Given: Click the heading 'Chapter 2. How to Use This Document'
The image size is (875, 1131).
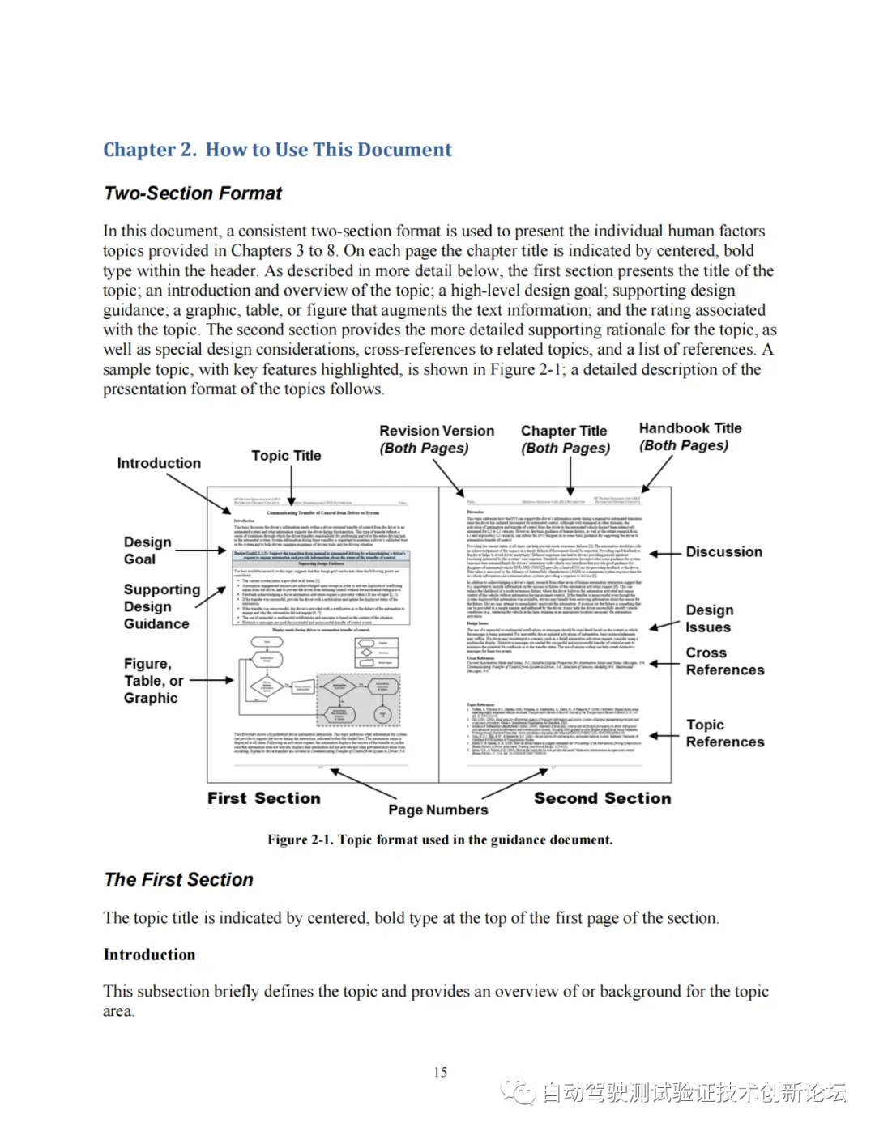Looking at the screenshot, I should [x=277, y=150].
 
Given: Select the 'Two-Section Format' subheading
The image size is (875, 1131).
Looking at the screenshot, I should [x=193, y=193].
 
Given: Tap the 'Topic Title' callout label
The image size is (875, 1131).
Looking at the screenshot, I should [x=286, y=456].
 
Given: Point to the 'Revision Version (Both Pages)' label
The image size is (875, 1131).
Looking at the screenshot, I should [x=436, y=440].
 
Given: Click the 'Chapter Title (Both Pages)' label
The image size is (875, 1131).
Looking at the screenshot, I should [x=565, y=440].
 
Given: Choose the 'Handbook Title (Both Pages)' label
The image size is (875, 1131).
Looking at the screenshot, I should [x=689, y=436].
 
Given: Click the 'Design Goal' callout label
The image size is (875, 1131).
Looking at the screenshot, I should [x=147, y=551].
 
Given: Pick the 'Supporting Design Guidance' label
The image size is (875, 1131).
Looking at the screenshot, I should [x=161, y=606].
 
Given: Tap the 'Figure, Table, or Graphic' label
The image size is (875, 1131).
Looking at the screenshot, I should [x=153, y=681].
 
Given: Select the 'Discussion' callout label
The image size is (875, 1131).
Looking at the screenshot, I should [x=723, y=552].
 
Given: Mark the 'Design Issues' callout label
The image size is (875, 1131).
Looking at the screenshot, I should [x=709, y=619].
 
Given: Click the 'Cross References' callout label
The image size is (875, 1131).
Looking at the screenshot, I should [x=724, y=661].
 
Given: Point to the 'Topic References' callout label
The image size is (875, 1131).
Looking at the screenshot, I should [x=724, y=733].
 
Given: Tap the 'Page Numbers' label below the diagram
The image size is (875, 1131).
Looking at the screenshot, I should [x=437, y=810].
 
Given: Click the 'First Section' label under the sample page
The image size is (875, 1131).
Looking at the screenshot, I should [x=263, y=798].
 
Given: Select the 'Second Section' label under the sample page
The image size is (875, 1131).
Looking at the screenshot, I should [x=602, y=798].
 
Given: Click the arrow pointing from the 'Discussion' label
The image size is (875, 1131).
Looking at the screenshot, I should [x=664, y=554].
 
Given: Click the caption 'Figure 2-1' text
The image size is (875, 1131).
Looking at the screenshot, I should [x=440, y=840].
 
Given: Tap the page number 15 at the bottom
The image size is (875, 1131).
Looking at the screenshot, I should [x=440, y=1072].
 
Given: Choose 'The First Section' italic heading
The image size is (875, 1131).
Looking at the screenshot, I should [x=178, y=880].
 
